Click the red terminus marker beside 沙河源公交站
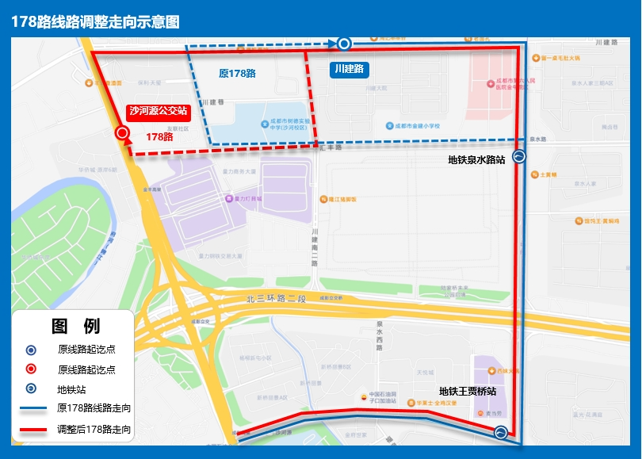[123, 133]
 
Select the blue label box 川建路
[350, 69]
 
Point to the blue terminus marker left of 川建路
[344, 44]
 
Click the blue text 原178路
[237, 73]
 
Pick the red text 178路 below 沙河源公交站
[159, 136]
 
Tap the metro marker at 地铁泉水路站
[518, 157]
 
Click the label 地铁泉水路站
[476, 159]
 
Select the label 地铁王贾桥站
[468, 391]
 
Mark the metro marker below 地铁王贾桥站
[500, 432]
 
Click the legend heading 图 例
[75, 326]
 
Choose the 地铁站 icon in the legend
[31, 389]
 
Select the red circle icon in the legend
[31, 369]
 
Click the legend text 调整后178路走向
[94, 430]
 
